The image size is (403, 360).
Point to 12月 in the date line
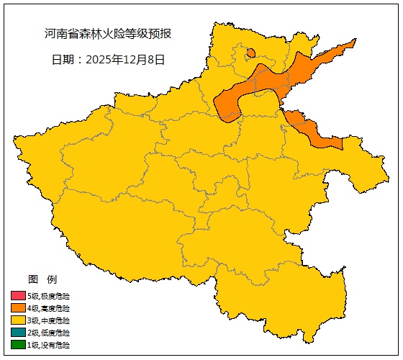pyautogui.click(x=132, y=60)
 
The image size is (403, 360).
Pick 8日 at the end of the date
pyautogui.click(x=157, y=60)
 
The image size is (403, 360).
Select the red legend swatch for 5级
pyautogui.click(x=18, y=295)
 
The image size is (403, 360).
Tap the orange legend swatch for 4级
pyautogui.click(x=18, y=307)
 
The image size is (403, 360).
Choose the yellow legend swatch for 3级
pyautogui.click(x=18, y=320)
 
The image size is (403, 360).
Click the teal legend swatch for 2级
pyautogui.click(x=18, y=333)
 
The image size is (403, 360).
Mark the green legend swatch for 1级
pyautogui.click(x=18, y=345)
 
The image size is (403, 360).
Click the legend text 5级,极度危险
pyautogui.click(x=49, y=295)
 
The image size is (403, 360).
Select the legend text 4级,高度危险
pyautogui.click(x=49, y=307)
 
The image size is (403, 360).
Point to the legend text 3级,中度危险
pyautogui.click(x=49, y=320)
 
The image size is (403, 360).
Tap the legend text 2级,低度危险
pyautogui.click(x=49, y=333)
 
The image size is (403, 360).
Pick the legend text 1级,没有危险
pyautogui.click(x=49, y=345)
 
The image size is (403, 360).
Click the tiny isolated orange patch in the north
pyautogui.click(x=250, y=53)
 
